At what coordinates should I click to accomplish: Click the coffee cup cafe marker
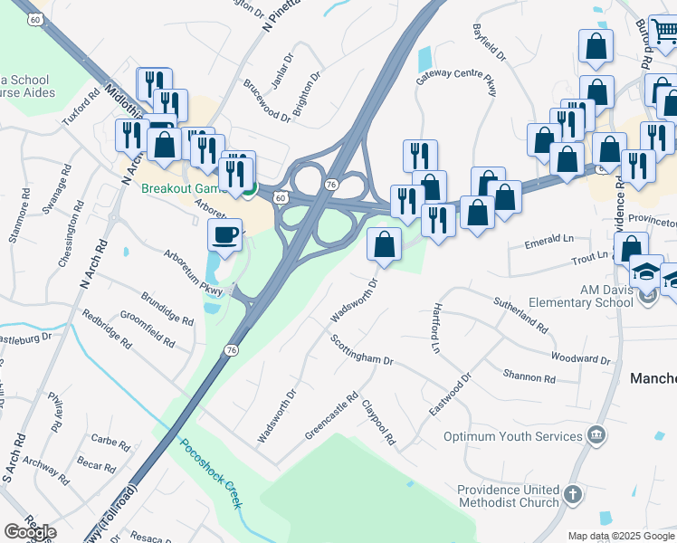coord(224,235)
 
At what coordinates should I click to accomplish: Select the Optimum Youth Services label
coord(512,436)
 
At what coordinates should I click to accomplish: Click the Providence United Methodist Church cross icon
coord(572,493)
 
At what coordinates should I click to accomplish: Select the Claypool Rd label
coord(379,423)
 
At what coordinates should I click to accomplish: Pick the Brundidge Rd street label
coord(167,309)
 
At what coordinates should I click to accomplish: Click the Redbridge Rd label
coord(107,327)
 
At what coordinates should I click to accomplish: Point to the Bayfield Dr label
coord(489,42)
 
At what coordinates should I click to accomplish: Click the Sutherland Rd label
coord(520,312)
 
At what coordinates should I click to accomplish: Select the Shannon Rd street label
coord(529,376)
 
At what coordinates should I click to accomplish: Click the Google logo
coord(30,532)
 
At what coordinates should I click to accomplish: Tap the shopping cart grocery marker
coord(663,32)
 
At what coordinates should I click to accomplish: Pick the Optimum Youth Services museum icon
coord(596,436)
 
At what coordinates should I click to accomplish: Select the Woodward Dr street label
coord(580,358)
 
